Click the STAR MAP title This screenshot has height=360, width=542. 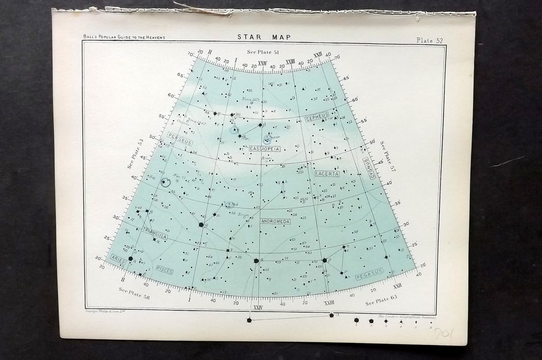coord(264,37)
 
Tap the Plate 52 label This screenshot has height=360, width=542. coord(430,40)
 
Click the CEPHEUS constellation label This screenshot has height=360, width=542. coord(317,116)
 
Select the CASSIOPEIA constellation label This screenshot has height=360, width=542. coord(265,148)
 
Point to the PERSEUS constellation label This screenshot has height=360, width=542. coord(179,139)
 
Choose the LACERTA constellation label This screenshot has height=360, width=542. coord(327,173)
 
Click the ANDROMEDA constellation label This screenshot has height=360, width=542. coord(275,222)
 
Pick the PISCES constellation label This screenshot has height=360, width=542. coord(164,269)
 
